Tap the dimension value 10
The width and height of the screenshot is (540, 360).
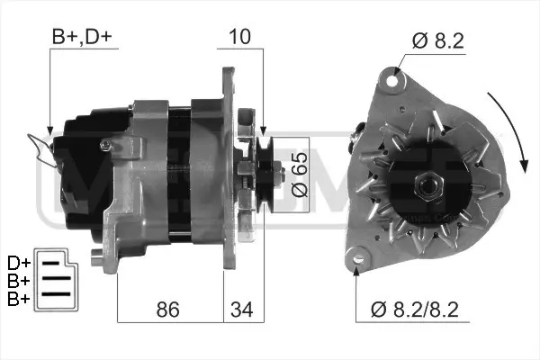239,38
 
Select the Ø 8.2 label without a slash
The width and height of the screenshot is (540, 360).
440,40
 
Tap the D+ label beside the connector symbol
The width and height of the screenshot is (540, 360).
18,262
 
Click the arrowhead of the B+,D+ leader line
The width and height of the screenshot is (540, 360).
49,130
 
